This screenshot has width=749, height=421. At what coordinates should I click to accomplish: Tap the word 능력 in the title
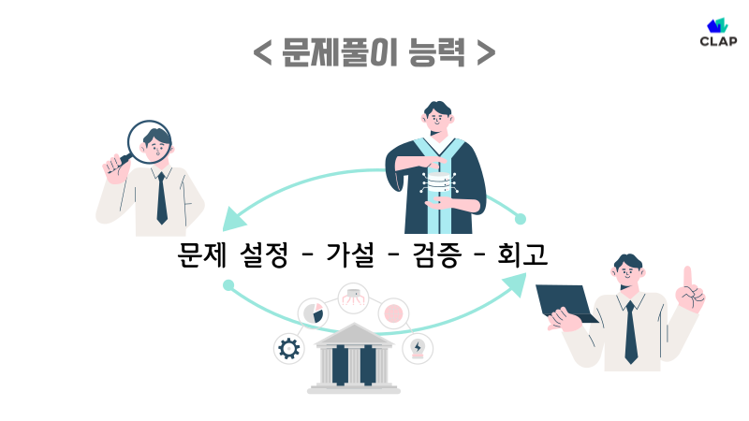click(x=436, y=51)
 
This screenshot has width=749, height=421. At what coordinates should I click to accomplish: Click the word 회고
click(x=522, y=255)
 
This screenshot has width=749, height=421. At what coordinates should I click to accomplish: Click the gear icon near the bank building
click(x=288, y=349)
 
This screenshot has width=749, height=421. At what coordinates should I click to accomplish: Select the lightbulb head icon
click(x=417, y=348)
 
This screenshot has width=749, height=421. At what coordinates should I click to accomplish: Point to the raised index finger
click(x=688, y=278)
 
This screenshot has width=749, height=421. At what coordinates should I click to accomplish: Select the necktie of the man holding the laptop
click(x=631, y=331)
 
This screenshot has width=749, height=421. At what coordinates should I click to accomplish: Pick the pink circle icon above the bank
click(x=394, y=312)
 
